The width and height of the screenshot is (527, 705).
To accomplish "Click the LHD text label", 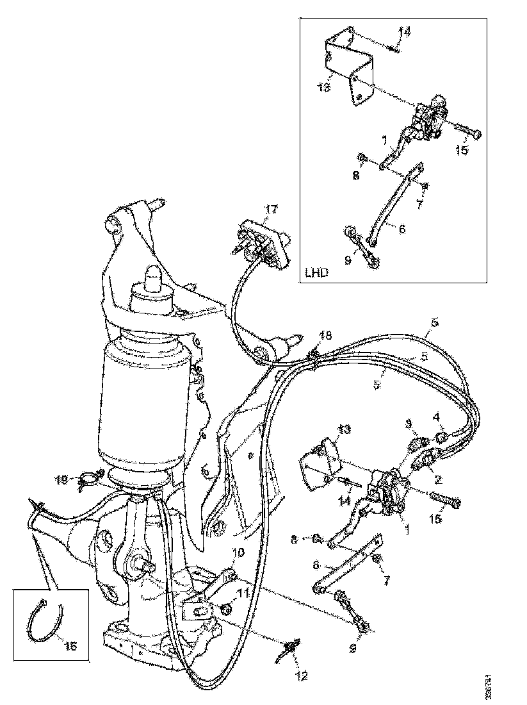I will pos(317,272).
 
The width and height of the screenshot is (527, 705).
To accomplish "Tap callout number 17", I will pos(271,209).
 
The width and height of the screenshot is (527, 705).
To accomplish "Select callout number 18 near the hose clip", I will pos(326,336).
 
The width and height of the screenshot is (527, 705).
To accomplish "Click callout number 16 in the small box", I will pos(70,647).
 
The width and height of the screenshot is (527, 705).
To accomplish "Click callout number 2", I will pos(437,479).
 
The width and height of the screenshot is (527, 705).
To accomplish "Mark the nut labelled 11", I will pos(225,608).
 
